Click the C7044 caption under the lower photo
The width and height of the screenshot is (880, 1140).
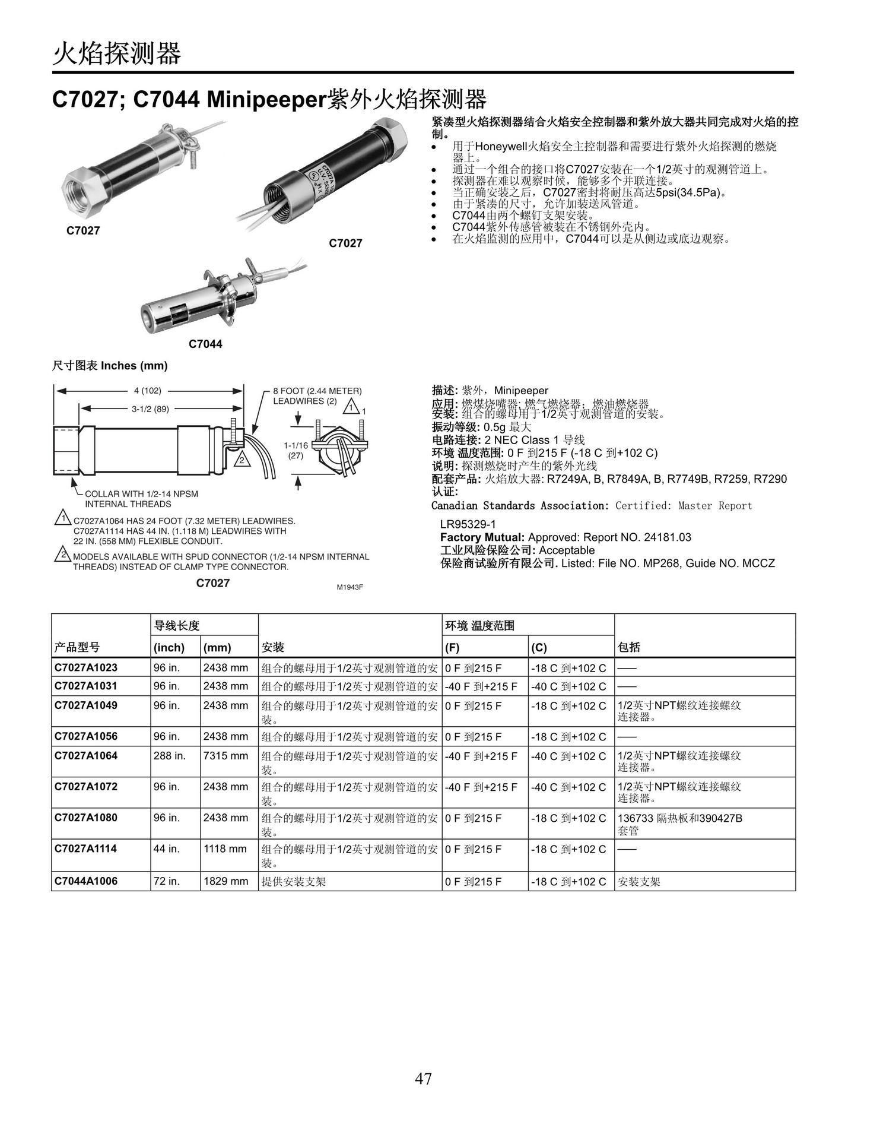coord(205,344)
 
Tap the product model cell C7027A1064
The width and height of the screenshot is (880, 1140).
coord(86,756)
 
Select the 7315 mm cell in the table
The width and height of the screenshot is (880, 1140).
coord(225,756)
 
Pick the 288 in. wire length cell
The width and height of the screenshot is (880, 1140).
coord(169,756)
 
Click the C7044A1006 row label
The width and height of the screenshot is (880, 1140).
coord(86,881)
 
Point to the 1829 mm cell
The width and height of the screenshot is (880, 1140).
coord(225,881)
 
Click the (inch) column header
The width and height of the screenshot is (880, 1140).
coord(169,647)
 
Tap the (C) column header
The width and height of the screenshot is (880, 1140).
coord(539,647)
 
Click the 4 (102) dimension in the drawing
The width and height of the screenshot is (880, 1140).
coord(148,391)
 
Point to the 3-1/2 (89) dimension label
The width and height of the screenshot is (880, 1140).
coord(150,408)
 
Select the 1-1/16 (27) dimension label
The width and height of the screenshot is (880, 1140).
coord(296,451)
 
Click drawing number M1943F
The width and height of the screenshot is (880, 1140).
coord(350,587)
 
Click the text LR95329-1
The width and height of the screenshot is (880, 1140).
coord(468,524)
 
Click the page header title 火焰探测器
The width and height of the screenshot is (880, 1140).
coord(116,55)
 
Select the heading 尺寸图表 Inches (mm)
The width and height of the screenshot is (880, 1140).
coord(110,366)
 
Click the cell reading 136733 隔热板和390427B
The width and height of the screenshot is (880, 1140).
coord(679,818)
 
